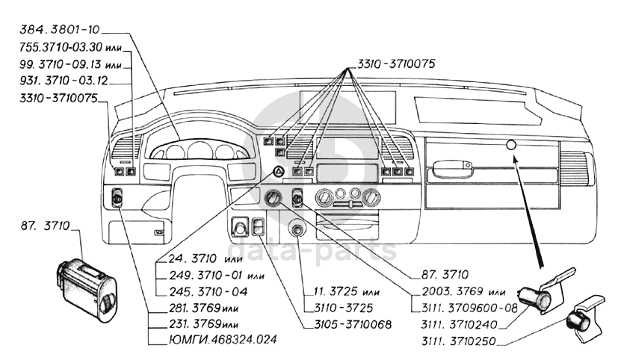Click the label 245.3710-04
[198, 291]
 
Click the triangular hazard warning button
[277, 175]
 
